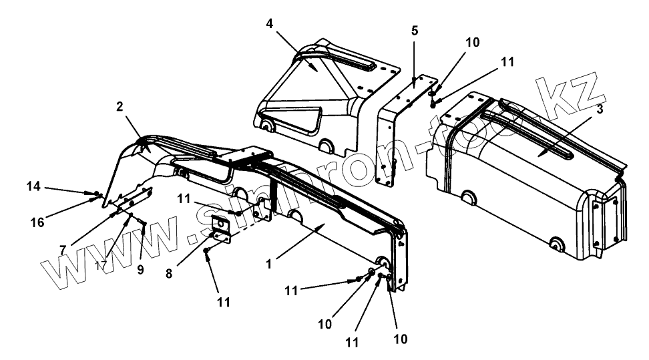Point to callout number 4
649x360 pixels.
coord(269,23)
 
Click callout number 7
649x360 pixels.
coord(62,249)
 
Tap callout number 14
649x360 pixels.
coord(33,187)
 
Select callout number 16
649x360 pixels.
coord(38,222)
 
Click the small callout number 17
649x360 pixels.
coord(101,266)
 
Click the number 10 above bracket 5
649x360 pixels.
coord(472,42)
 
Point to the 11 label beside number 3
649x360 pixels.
coord(507,61)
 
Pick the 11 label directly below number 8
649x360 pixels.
coord(223,302)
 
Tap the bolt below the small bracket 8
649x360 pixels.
coord(208,251)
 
